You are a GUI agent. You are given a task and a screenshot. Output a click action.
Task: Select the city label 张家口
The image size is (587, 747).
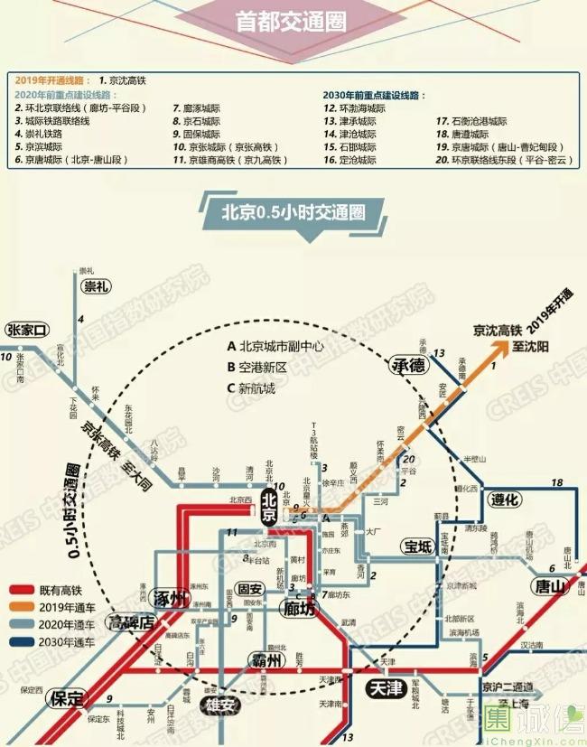point(26,330)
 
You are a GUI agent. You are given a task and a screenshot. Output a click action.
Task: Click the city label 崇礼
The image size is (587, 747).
point(96,286)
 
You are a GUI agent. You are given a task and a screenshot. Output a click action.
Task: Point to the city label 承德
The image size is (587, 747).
point(407,365)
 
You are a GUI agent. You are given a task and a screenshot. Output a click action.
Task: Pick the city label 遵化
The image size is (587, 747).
point(503,500)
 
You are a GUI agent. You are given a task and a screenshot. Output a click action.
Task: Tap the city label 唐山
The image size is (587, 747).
point(548,586)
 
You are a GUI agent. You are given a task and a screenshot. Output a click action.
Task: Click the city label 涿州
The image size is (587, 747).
point(172,597)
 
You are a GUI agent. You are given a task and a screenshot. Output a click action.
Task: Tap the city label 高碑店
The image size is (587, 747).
point(131,621)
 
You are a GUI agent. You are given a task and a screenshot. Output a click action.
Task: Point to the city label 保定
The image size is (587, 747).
point(67,698)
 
